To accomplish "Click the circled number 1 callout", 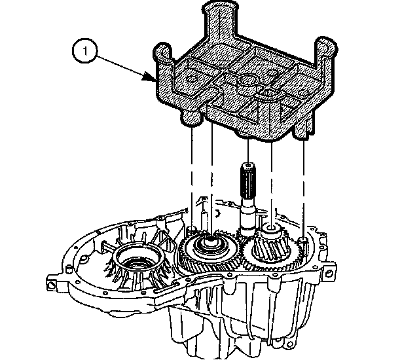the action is pyautogui.click(x=85, y=51).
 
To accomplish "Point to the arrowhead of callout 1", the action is pyautogui.click(x=149, y=77).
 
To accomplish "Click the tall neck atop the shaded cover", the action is pyautogui.click(x=221, y=19).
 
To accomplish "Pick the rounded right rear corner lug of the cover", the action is pyautogui.click(x=325, y=46).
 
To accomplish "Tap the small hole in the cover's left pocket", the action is pyautogui.click(x=192, y=79).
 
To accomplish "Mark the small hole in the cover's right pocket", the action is pyautogui.click(x=302, y=93).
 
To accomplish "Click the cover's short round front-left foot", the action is pyautogui.click(x=192, y=118).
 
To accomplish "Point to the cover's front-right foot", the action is pyautogui.click(x=301, y=132).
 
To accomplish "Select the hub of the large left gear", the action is pyautogui.click(x=211, y=242).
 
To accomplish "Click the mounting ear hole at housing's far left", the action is pyautogui.click(x=51, y=285).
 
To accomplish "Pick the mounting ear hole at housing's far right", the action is pyautogui.click(x=329, y=273).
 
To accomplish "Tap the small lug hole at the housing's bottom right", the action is pyautogui.click(x=287, y=344).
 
